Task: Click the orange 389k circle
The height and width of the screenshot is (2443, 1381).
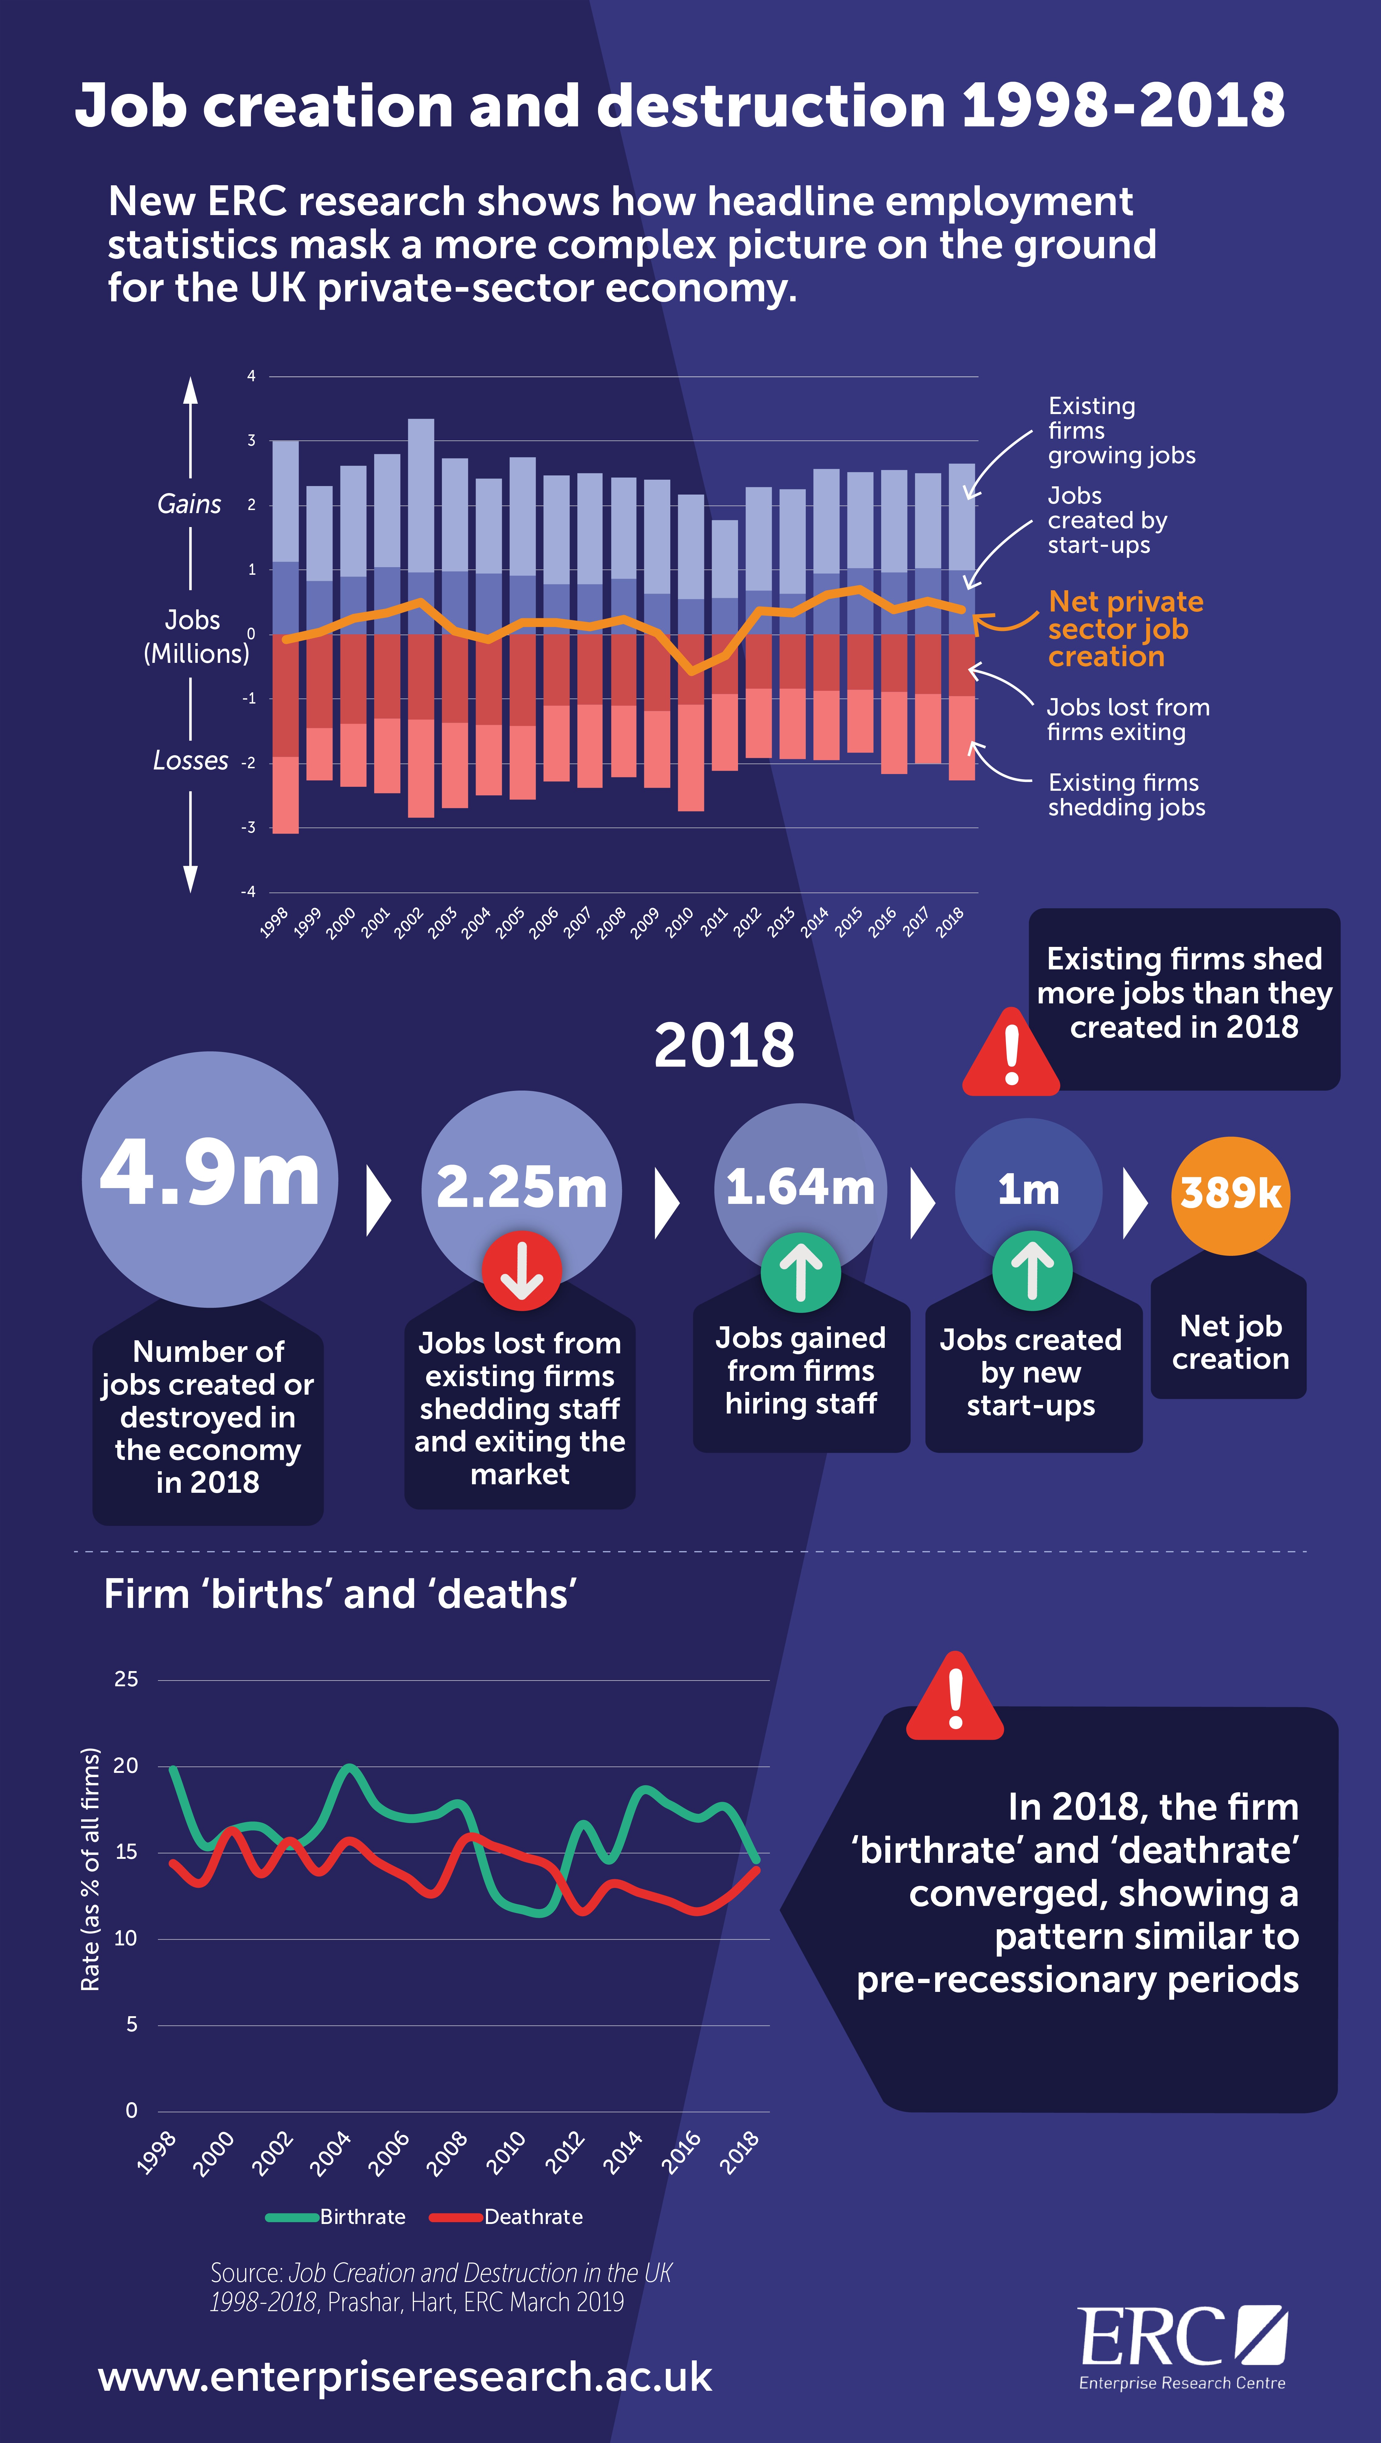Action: pyautogui.click(x=1230, y=1195)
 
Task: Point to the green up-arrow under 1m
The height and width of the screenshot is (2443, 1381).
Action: pyautogui.click(x=1032, y=1271)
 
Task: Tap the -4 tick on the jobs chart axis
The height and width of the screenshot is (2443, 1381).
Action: pyautogui.click(x=248, y=892)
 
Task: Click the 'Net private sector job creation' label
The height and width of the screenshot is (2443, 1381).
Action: pyautogui.click(x=1125, y=629)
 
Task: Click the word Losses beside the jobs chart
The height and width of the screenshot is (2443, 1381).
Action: pyautogui.click(x=191, y=761)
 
